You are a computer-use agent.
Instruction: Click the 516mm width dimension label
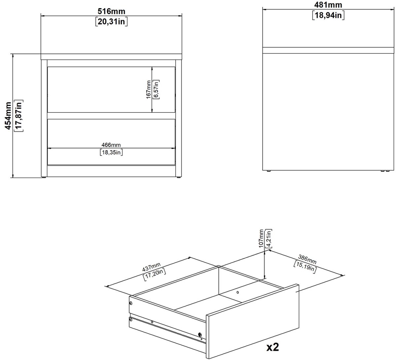point(111,11)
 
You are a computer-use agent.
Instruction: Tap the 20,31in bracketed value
point(111,21)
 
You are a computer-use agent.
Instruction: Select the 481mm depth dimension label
point(328,5)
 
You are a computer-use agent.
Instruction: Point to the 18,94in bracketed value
point(328,15)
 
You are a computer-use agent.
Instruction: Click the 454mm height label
point(8,116)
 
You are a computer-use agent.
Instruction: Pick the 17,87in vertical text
point(19,116)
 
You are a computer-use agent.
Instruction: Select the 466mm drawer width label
point(111,145)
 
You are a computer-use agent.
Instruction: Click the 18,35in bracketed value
point(111,152)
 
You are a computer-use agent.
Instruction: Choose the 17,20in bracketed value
point(154,275)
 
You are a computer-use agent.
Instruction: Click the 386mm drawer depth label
point(307,259)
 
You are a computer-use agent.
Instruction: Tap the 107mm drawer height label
point(261,238)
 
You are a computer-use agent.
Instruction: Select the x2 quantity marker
point(273,347)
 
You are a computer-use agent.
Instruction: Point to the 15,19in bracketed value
point(305,267)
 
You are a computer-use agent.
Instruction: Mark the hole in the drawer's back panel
point(238,292)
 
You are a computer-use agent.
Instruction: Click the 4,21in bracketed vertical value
point(269,238)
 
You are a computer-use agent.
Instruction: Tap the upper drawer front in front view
point(111,89)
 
